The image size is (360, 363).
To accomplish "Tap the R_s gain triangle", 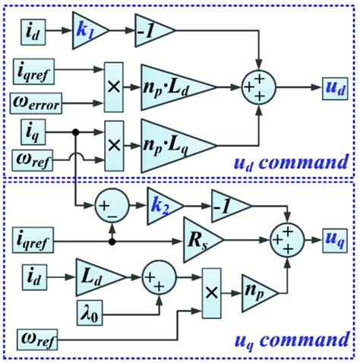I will [199, 241].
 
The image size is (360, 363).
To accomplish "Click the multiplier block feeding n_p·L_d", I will [115, 85].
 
